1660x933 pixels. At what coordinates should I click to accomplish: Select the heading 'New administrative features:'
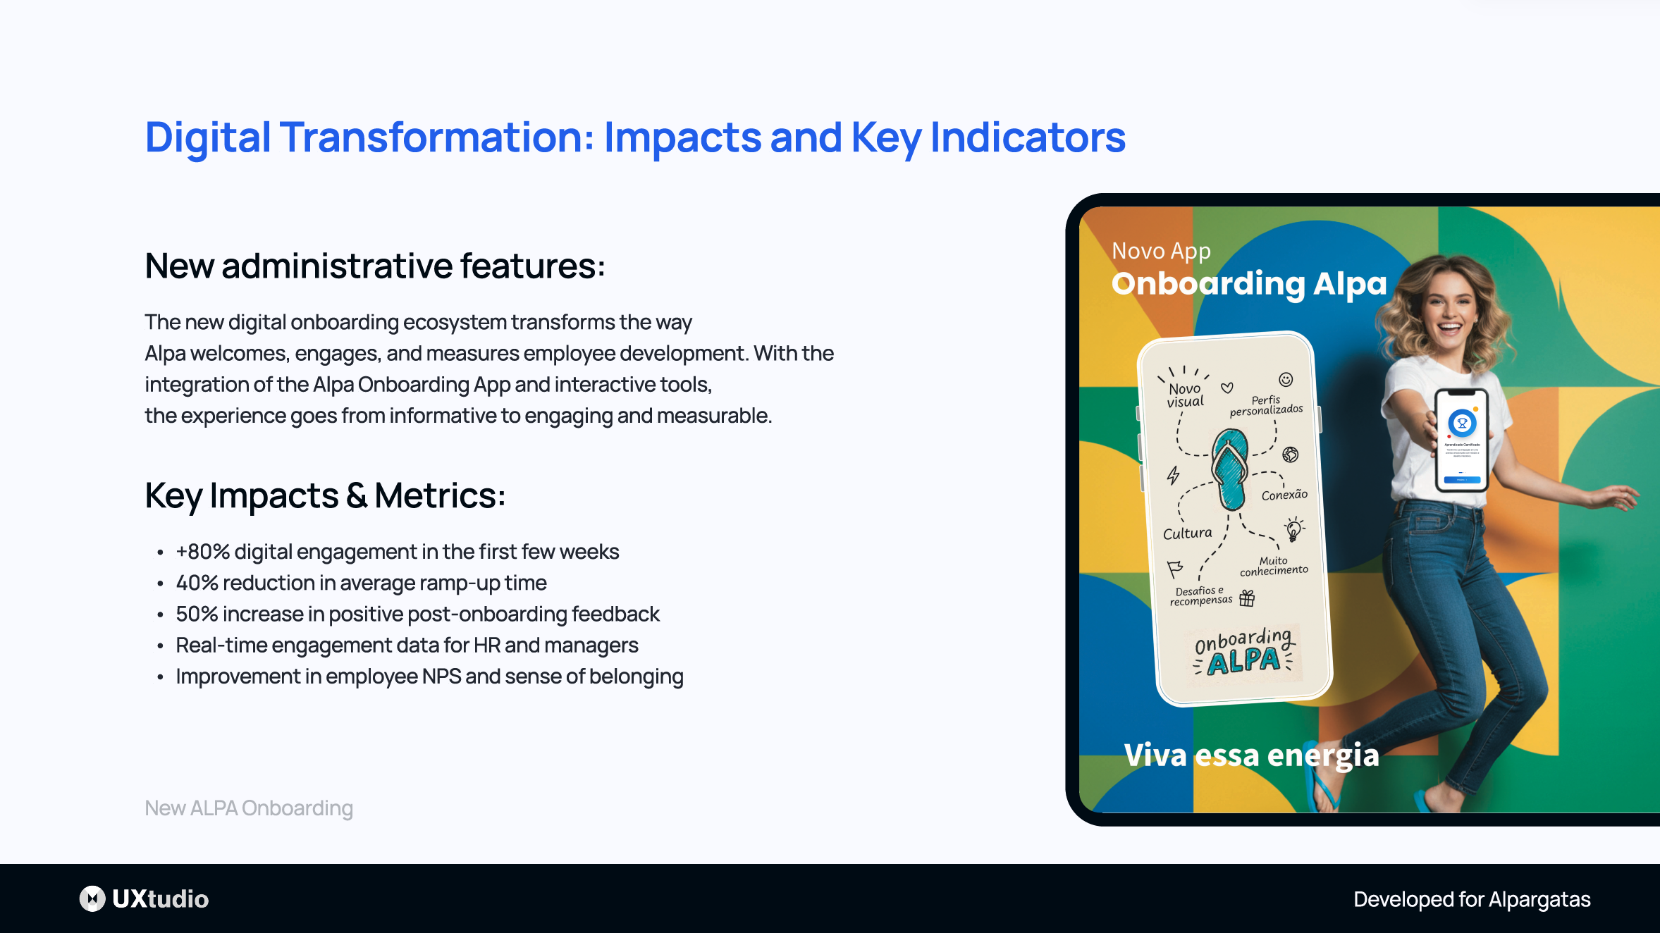(x=374, y=266)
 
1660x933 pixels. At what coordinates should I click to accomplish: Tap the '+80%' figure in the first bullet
(x=202, y=552)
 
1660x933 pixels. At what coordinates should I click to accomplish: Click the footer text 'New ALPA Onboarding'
(x=248, y=808)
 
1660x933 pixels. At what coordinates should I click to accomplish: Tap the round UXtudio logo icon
(x=92, y=898)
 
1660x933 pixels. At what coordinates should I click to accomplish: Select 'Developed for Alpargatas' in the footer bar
(x=1472, y=899)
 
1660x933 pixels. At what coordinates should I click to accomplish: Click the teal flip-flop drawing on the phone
(x=1230, y=469)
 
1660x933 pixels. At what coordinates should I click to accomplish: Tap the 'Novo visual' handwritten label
(x=1185, y=395)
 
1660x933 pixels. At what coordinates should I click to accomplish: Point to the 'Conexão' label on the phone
(x=1284, y=495)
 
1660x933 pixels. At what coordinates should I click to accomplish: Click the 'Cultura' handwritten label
(x=1188, y=533)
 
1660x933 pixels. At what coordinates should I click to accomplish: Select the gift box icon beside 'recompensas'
(x=1247, y=598)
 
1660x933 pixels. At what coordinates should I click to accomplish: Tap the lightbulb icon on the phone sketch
(x=1293, y=529)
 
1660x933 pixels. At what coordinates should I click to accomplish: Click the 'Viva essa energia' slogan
(x=1251, y=755)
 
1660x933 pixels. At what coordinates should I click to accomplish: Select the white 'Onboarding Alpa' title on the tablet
(x=1249, y=283)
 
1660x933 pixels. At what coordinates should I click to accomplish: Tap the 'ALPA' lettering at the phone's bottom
(x=1243, y=661)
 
